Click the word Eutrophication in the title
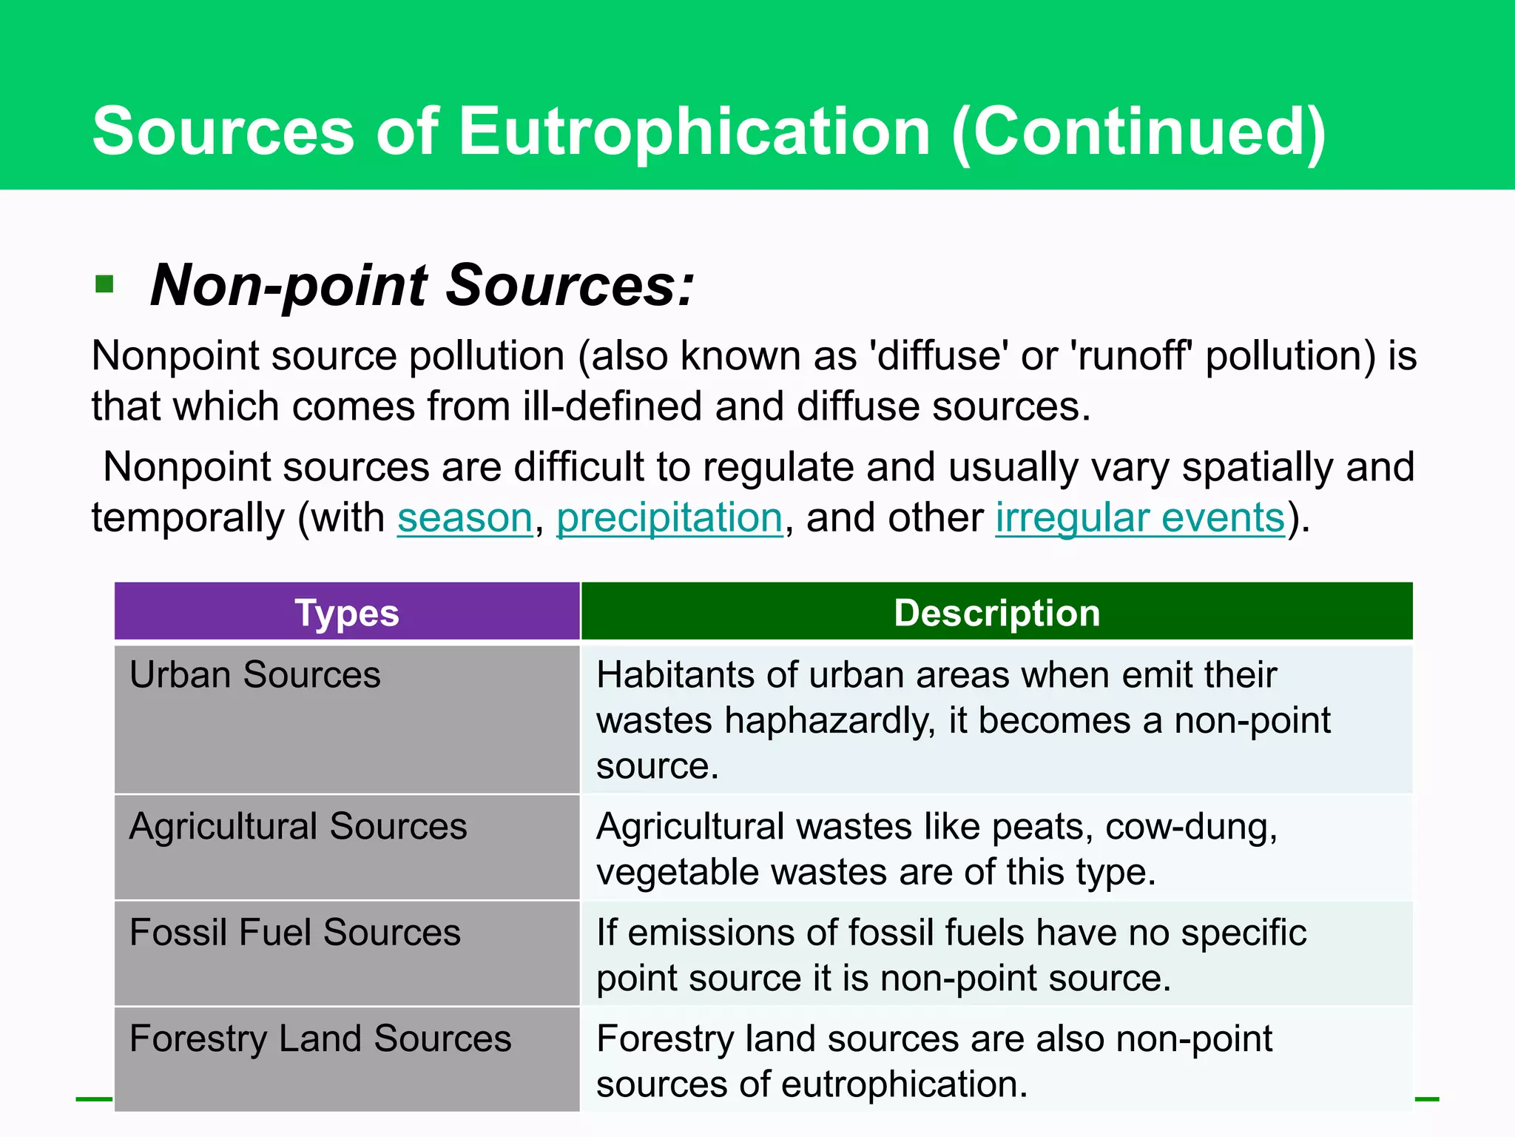pyautogui.click(x=694, y=131)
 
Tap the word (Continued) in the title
pyautogui.click(x=1139, y=131)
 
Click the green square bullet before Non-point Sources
pyautogui.click(x=104, y=284)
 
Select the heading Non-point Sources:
pyautogui.click(x=422, y=285)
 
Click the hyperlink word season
pyautogui.click(x=465, y=517)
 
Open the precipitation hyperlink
pyautogui.click(x=669, y=517)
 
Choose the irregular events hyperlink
pyautogui.click(x=1140, y=517)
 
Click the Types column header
pyautogui.click(x=347, y=613)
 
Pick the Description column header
pyautogui.click(x=996, y=613)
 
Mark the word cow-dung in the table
pyautogui.click(x=1190, y=827)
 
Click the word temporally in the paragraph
pyautogui.click(x=188, y=517)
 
